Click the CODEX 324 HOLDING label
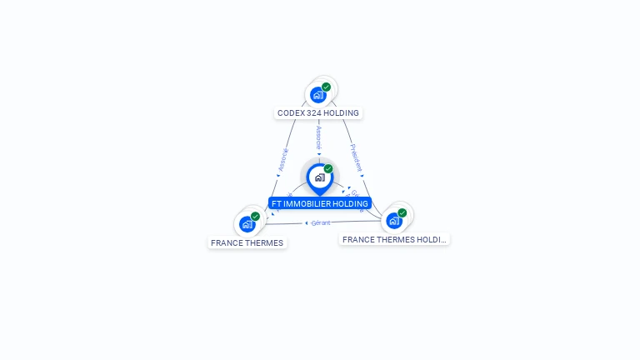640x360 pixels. (x=318, y=112)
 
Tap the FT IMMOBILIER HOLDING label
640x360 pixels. (x=319, y=203)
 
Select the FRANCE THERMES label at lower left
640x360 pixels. (x=247, y=243)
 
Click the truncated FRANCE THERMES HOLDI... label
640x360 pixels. (x=394, y=239)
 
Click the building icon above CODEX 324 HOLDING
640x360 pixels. (x=317, y=95)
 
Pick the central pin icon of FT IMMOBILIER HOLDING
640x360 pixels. (x=319, y=177)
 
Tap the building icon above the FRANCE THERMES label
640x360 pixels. (x=247, y=224)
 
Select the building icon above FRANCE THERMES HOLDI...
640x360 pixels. (x=393, y=221)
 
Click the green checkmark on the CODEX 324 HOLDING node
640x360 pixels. (x=326, y=87)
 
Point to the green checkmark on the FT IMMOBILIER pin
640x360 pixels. (x=328, y=168)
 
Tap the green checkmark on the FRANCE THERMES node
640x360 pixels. (x=255, y=216)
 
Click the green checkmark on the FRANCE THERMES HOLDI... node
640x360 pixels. (x=402, y=212)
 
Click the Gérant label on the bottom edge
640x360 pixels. (x=321, y=222)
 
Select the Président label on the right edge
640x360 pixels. (x=356, y=157)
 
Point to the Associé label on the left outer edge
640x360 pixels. (x=282, y=159)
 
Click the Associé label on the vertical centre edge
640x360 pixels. (x=318, y=137)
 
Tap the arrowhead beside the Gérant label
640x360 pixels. (x=307, y=222)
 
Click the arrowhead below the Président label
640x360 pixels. (x=362, y=175)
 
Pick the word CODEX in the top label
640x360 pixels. (x=290, y=112)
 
